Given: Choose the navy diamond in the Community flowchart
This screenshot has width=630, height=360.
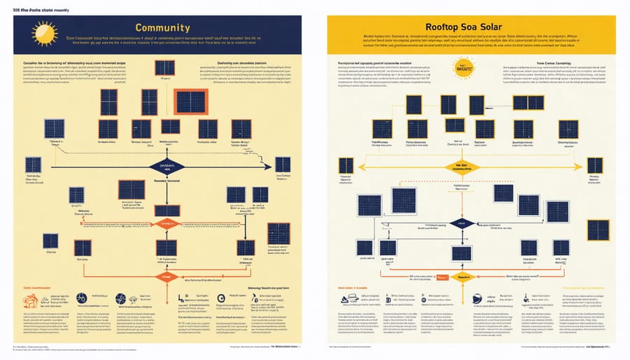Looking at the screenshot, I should [x=167, y=166].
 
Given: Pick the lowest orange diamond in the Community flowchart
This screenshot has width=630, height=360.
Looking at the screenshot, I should [x=166, y=276].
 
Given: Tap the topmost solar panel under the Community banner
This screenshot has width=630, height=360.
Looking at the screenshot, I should [x=165, y=68].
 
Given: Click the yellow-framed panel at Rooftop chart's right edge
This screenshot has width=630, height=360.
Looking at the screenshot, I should [x=594, y=165].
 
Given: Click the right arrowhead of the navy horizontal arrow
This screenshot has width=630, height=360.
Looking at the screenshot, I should [x=267, y=167].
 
